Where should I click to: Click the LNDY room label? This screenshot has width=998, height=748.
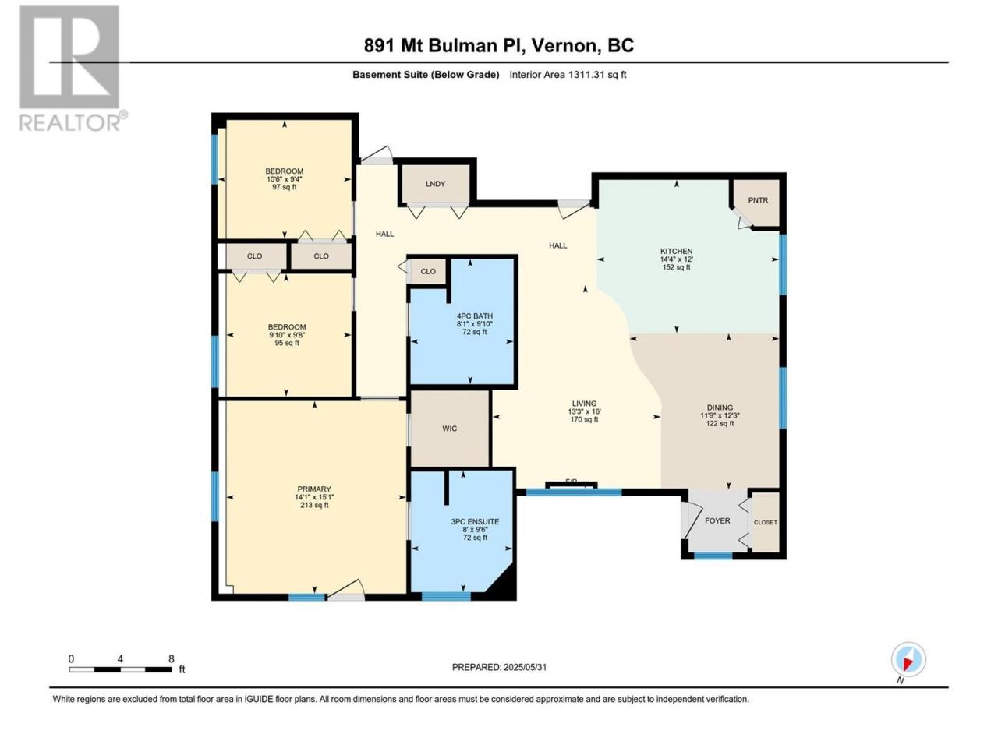point(435,184)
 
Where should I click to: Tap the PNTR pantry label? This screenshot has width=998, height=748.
point(758,200)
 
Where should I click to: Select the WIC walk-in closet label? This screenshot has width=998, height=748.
point(449,429)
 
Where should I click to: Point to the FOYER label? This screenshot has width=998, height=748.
point(717,520)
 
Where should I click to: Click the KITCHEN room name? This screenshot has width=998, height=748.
point(676,251)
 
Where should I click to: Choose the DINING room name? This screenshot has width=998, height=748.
point(720,408)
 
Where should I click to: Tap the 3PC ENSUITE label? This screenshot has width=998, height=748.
point(475,522)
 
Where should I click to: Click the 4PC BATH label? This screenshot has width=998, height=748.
point(475,316)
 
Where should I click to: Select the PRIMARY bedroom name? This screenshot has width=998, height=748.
point(313,489)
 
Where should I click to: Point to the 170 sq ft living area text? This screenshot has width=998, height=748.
point(584,419)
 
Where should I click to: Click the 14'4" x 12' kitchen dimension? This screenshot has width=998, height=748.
point(676,259)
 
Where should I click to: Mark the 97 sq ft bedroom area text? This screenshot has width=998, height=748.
point(284,187)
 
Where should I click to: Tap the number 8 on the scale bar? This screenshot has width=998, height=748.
point(171,658)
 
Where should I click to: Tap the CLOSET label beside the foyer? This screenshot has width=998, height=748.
point(765,522)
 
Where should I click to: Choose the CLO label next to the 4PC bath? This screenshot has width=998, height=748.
point(428,271)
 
